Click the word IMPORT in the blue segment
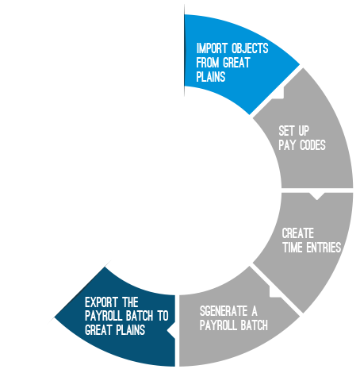(x=212, y=48)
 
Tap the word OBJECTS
(x=250, y=48)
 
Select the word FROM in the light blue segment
(x=208, y=63)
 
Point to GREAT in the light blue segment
(x=236, y=63)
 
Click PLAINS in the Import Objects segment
(x=211, y=77)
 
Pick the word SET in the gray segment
(x=286, y=131)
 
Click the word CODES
(x=313, y=145)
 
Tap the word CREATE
(x=298, y=233)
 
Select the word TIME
(x=293, y=248)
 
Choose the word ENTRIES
(x=324, y=248)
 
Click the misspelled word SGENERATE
(x=224, y=311)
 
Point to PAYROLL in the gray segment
(x=215, y=325)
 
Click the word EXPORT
(x=101, y=302)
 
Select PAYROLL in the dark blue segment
(x=104, y=316)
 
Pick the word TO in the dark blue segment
(x=163, y=316)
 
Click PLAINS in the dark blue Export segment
(x=131, y=330)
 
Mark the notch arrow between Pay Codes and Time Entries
(x=316, y=196)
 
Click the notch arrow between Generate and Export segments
(x=171, y=331)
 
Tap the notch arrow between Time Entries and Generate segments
(x=275, y=291)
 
